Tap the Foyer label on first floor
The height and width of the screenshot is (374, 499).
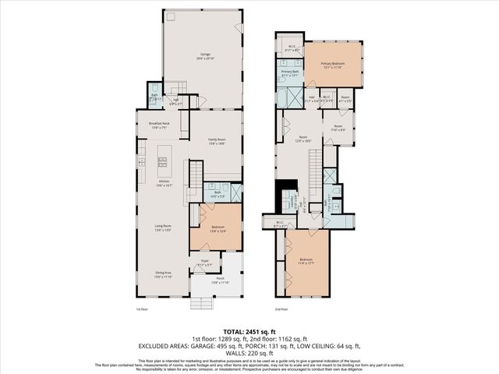click(x=204, y=263)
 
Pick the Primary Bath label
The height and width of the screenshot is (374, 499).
click(x=290, y=73)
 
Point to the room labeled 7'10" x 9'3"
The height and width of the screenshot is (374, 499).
click(x=338, y=128)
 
